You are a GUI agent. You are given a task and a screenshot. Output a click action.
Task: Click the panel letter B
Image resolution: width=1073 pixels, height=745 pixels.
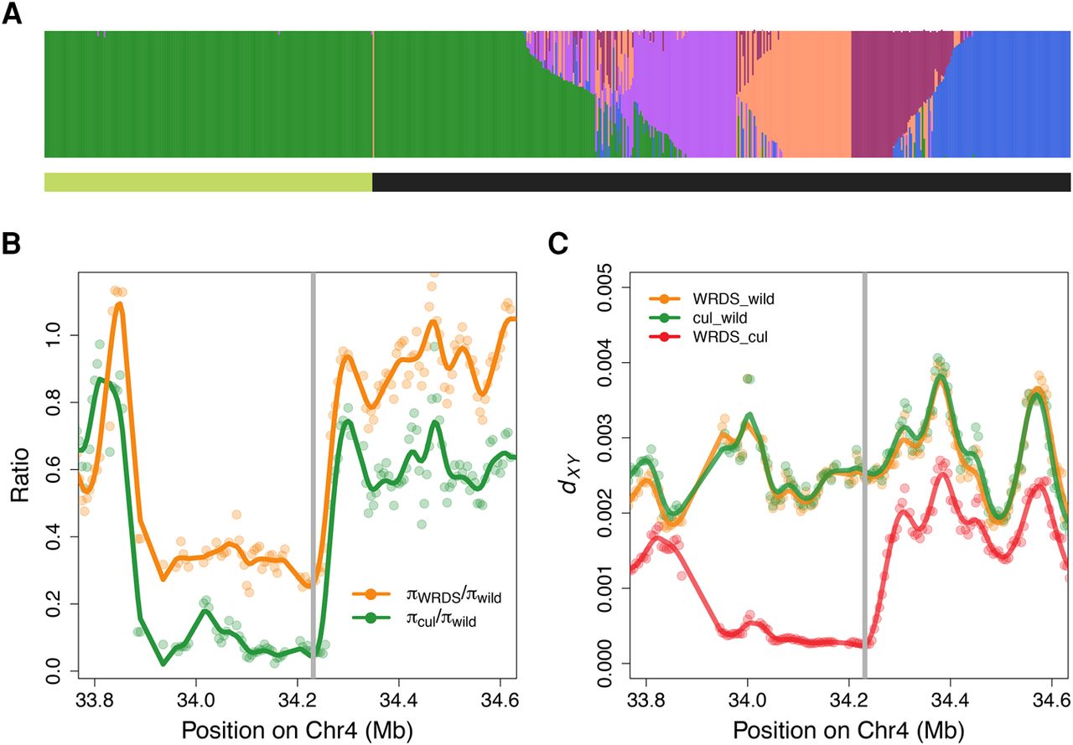[x=13, y=244]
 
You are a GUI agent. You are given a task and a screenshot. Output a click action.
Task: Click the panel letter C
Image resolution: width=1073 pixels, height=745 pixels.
[x=559, y=244]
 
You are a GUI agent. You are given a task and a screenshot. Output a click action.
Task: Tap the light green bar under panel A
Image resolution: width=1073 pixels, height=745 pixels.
[x=208, y=182]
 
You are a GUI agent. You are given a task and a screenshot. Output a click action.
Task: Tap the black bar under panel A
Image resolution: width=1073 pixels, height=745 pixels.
[x=721, y=182]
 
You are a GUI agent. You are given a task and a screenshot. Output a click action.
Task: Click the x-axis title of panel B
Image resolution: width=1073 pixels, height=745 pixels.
[x=297, y=725]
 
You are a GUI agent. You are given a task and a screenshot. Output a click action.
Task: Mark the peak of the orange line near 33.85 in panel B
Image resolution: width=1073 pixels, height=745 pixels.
[x=119, y=303]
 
